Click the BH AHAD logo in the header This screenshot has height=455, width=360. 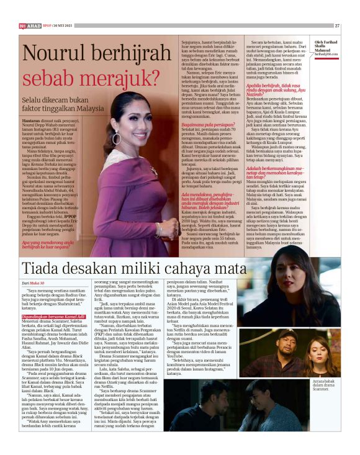tap(29, 25)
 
